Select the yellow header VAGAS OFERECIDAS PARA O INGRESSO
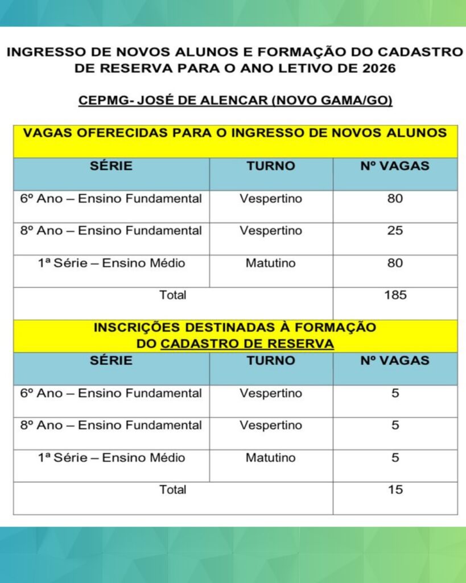point(235,134)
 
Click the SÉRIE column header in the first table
point(111,166)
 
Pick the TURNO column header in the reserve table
point(271,360)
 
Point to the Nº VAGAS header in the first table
point(395,166)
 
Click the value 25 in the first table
point(395,231)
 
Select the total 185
point(395,295)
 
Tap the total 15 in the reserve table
point(395,490)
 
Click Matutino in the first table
point(271,264)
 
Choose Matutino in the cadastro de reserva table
point(271,458)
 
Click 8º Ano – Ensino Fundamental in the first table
point(111,231)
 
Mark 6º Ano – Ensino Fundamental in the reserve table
point(111,393)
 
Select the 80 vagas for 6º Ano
point(395,199)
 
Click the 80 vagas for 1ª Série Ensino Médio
point(395,264)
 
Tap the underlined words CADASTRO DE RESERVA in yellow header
point(247,344)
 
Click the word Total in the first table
point(173,295)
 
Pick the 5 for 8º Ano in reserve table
point(395,425)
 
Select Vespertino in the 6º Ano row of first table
point(271,199)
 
